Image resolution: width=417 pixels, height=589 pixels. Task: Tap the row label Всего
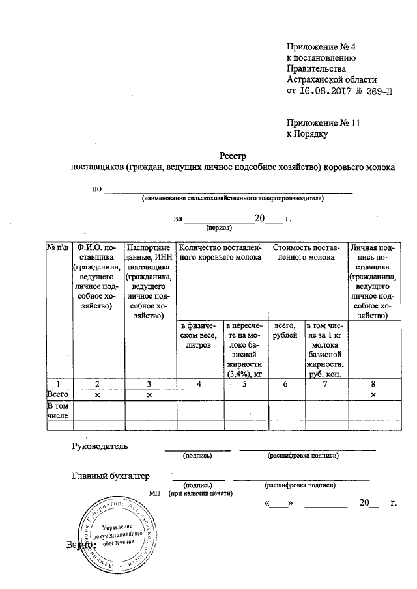(x=58, y=394)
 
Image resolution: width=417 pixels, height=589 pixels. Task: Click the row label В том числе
(x=57, y=411)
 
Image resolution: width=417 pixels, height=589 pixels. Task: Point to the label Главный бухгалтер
(x=110, y=476)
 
